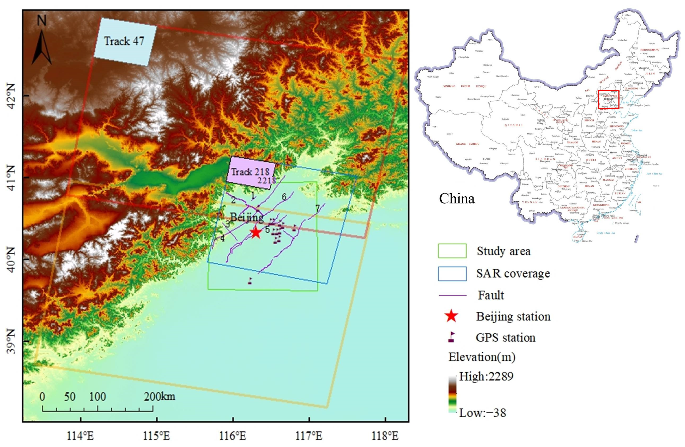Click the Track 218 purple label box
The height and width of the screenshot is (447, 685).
[x=251, y=173]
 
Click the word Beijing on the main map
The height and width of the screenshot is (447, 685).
[x=247, y=217]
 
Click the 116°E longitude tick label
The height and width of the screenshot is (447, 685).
[x=233, y=436]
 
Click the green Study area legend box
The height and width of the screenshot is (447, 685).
[x=452, y=251]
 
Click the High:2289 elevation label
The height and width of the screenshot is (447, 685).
[x=486, y=376]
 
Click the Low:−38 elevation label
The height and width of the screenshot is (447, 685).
[x=482, y=413]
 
